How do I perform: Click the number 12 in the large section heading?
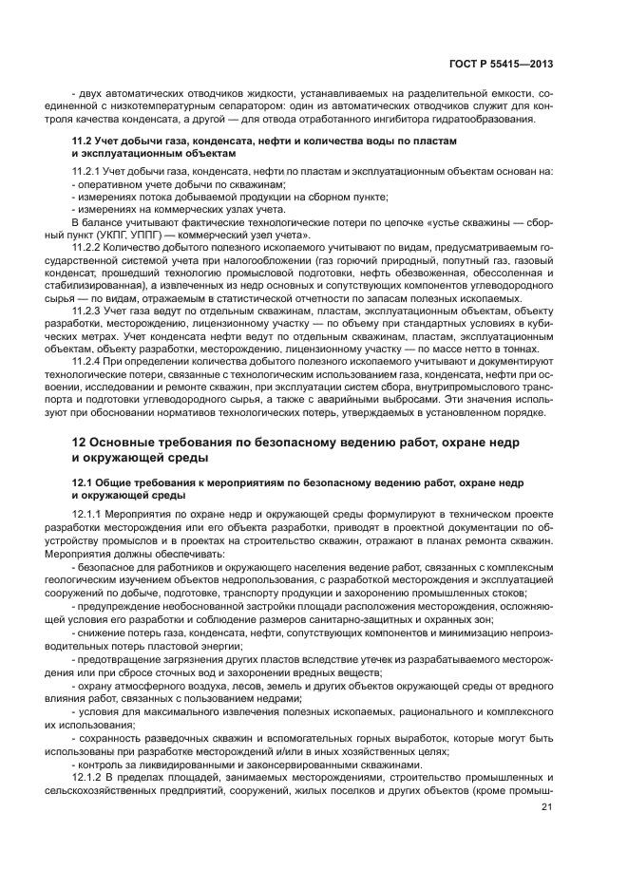pos(82,444)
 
